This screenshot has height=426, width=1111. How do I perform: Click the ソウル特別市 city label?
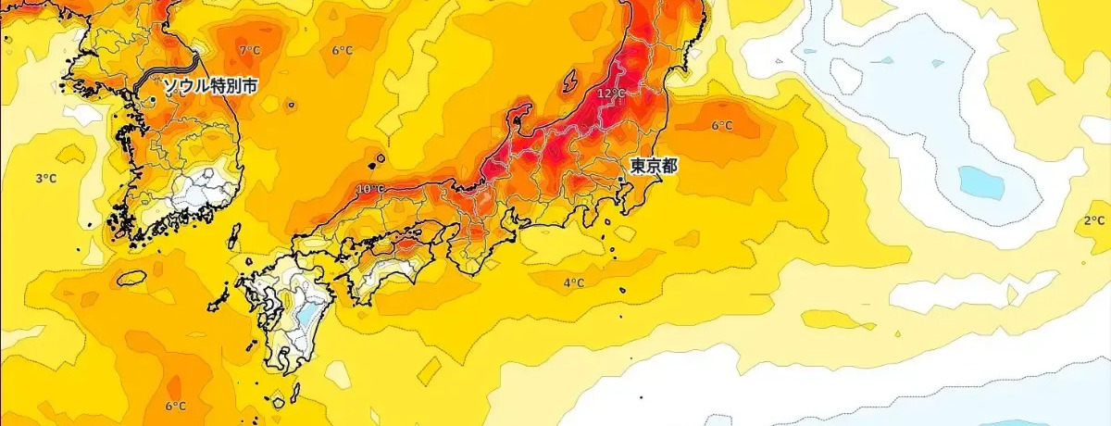coord(210,87)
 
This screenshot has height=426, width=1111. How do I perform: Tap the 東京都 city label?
coord(655,167)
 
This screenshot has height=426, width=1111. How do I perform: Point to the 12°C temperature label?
coord(611,94)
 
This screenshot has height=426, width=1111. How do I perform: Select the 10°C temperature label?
coord(369,190)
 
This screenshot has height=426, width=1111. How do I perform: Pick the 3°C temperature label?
coord(46,178)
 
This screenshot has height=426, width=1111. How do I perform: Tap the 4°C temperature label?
coord(574,283)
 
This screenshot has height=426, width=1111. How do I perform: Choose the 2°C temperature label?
coord(1094,220)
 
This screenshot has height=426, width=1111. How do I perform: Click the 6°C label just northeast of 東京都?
coord(722,126)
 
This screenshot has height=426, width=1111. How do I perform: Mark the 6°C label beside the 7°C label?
coord(343,51)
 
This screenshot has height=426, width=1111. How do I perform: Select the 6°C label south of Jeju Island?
coord(176,407)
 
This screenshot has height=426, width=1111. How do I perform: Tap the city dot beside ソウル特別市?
coord(153,98)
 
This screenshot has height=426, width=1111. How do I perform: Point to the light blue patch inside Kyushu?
coord(304,314)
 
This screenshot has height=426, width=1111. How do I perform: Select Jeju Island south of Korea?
coord(131,277)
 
